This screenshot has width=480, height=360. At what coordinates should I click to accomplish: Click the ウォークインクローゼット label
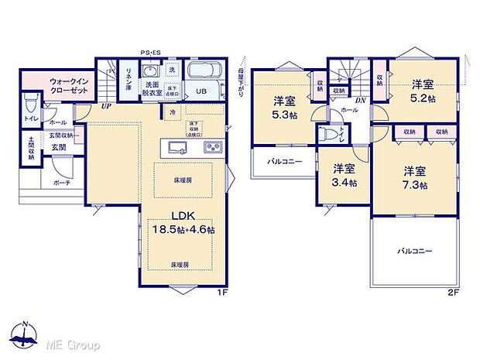click(x=70, y=84)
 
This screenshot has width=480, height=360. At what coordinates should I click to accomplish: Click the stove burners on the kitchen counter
click(x=212, y=147)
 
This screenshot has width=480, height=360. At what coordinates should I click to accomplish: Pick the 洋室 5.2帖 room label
click(x=422, y=91)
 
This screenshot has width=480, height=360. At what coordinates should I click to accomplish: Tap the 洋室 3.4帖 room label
click(x=345, y=176)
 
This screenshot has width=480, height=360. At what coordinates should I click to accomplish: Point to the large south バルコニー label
click(x=415, y=251)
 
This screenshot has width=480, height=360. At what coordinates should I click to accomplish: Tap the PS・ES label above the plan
click(x=151, y=52)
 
